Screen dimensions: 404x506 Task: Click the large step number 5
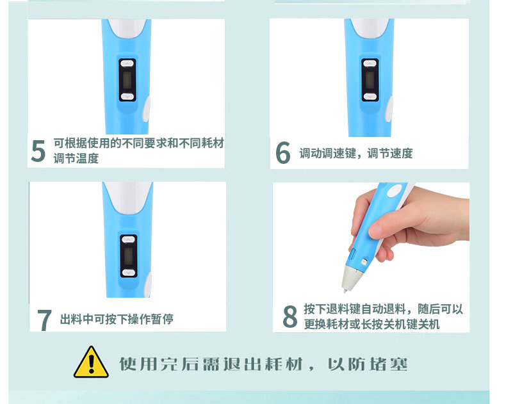[x=38, y=151]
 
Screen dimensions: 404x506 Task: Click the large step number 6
[x=283, y=153]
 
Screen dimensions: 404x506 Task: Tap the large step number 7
[x=44, y=319]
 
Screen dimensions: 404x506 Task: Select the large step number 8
[x=290, y=316]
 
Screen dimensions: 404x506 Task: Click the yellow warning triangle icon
[x=91, y=363]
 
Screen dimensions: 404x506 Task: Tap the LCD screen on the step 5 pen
[x=127, y=80]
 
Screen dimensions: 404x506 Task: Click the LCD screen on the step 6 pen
[x=369, y=80]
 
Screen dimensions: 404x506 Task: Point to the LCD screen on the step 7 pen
[x=129, y=255]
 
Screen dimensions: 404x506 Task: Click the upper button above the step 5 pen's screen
[x=127, y=64]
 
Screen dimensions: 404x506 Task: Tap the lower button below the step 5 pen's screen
[x=127, y=96]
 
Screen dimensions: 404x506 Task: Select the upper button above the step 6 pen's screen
[x=369, y=64]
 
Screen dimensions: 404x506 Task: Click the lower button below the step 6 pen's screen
[x=369, y=96]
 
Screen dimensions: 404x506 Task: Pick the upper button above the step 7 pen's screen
[x=129, y=240]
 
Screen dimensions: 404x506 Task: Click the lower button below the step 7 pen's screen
[x=129, y=271]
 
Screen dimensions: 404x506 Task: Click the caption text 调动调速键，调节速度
[x=355, y=153]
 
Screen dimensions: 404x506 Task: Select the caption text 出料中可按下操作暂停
[x=117, y=319]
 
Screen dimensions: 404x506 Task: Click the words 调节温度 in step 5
[x=76, y=158]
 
